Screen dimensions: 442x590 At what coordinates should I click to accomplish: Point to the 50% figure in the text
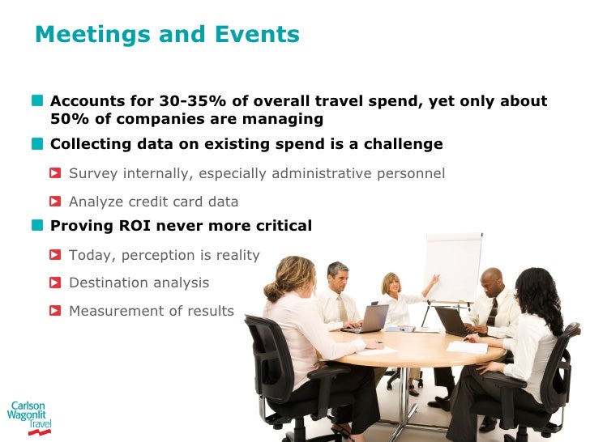click(68, 120)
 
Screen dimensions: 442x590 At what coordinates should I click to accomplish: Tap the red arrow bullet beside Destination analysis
click(55, 283)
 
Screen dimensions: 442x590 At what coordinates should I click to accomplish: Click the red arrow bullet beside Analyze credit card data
click(55, 202)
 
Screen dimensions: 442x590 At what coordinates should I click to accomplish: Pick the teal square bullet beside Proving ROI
click(39, 226)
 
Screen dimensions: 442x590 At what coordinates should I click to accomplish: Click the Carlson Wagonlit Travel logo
click(27, 418)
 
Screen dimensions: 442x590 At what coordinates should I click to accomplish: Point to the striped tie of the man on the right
click(492, 312)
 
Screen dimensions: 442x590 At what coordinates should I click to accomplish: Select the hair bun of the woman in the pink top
click(270, 283)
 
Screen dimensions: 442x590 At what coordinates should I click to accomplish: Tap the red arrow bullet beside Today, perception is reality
click(55, 256)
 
